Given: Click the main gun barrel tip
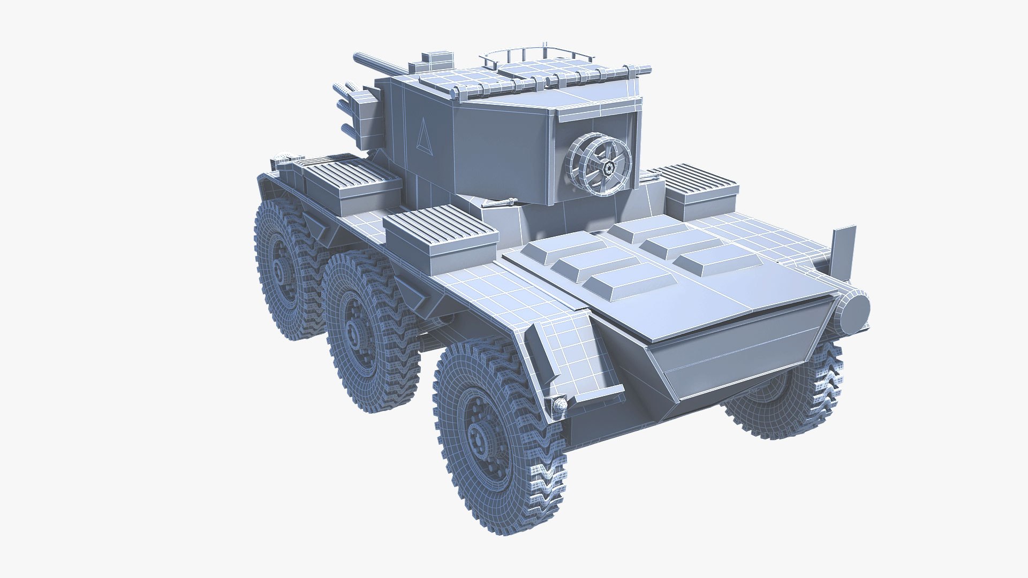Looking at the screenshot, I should [357, 56].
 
